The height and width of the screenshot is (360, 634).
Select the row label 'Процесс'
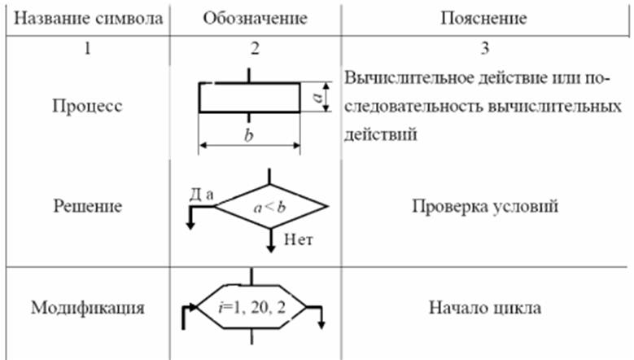pyautogui.click(x=86, y=107)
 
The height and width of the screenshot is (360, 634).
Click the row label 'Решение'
pyautogui.click(x=86, y=206)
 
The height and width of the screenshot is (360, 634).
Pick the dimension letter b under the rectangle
pyautogui.click(x=249, y=135)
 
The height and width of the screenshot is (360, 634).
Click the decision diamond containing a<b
pyautogui.click(x=269, y=207)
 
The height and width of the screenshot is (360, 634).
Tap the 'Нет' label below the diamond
pyautogui.click(x=300, y=239)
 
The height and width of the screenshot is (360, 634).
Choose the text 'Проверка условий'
pyautogui.click(x=485, y=206)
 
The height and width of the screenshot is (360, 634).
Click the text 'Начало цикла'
pyautogui.click(x=484, y=309)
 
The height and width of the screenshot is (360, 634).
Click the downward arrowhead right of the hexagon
pyautogui.click(x=323, y=324)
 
